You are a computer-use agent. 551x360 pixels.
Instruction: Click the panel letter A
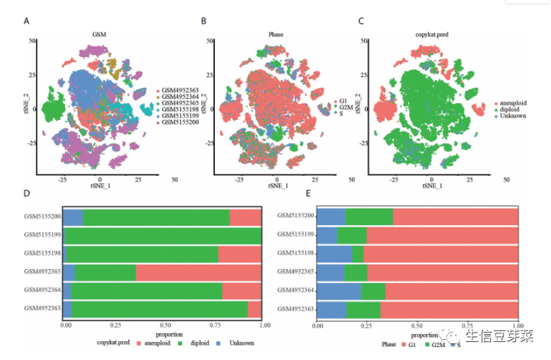(x=27, y=21)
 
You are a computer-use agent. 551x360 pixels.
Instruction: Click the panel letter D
(x=27, y=193)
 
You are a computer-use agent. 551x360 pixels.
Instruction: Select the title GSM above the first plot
(x=99, y=34)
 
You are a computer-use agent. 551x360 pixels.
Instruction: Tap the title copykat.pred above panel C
(x=431, y=34)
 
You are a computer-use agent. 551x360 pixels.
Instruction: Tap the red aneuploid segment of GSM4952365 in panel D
(x=198, y=272)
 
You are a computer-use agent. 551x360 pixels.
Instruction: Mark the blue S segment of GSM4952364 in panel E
(x=339, y=291)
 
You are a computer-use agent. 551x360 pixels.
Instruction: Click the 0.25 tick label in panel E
(x=367, y=327)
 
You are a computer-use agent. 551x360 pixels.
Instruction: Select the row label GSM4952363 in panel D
(x=43, y=309)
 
